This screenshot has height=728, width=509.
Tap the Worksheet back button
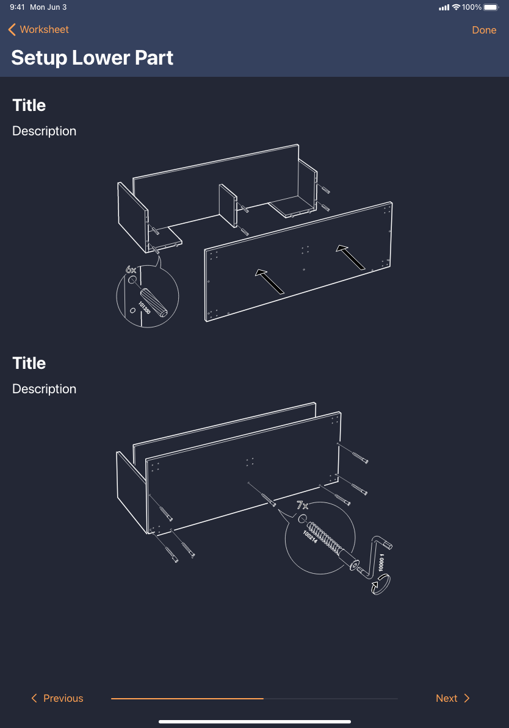(38, 30)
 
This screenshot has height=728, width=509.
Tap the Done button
(484, 30)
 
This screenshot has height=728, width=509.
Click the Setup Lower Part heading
(92, 58)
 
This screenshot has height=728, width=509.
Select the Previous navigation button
(57, 698)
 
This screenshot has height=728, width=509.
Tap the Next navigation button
(453, 698)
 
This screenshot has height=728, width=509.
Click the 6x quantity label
(131, 269)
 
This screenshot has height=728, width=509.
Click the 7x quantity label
(303, 505)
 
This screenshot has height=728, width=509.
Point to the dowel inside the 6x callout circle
(154, 302)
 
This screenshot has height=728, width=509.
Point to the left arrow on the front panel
(270, 281)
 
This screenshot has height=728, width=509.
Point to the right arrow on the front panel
(350, 257)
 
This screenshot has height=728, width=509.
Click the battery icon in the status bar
(491, 7)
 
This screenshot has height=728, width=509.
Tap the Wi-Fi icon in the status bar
(456, 7)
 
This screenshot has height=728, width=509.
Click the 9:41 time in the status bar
(17, 7)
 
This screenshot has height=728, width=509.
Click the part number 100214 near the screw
(310, 537)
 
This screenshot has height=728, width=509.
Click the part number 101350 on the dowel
(145, 307)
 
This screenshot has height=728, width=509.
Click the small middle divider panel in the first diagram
(228, 205)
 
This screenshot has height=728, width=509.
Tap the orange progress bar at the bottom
(187, 698)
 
